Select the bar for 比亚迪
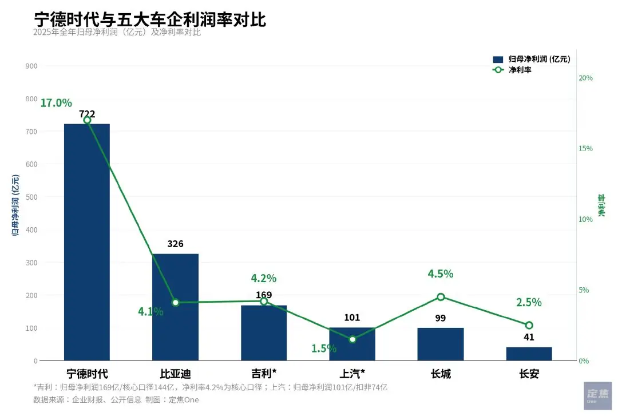(x=175, y=307)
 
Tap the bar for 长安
(x=529, y=354)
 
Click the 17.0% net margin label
(x=56, y=103)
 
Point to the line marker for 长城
(x=441, y=297)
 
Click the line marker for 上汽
(x=352, y=339)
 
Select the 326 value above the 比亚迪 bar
(x=175, y=244)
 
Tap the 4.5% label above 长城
(x=441, y=274)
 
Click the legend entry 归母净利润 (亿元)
(x=532, y=59)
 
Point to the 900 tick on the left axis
(x=31, y=66)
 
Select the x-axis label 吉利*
(x=264, y=374)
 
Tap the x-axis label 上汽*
(x=352, y=374)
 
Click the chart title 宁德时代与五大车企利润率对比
(x=150, y=19)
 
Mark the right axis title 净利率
(x=601, y=205)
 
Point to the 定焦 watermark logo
(x=597, y=395)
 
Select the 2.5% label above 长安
(x=529, y=303)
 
